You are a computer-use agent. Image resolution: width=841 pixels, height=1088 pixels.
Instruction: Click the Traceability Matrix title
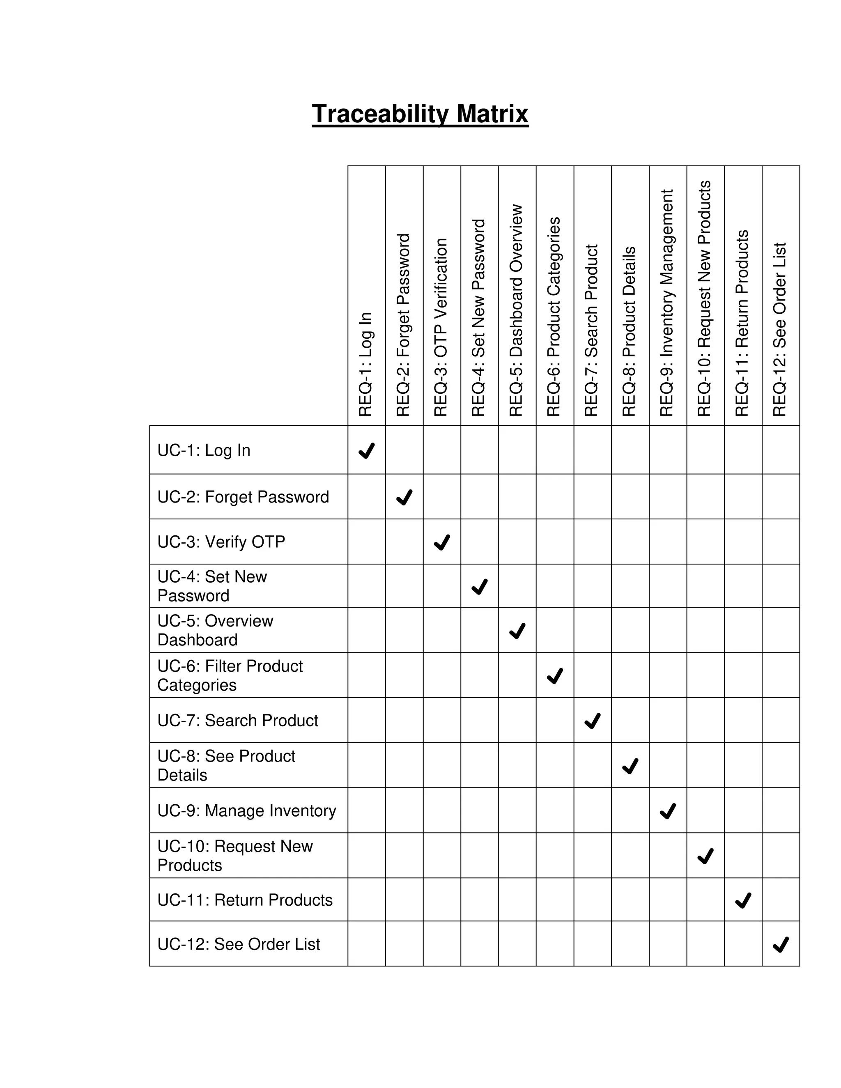coord(420,114)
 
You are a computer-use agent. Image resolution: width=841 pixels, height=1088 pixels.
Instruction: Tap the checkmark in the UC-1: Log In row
coord(367,450)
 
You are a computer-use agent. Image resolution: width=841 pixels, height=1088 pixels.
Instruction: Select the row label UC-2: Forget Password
coord(243,497)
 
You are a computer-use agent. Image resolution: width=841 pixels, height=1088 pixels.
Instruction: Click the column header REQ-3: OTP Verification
coord(441,327)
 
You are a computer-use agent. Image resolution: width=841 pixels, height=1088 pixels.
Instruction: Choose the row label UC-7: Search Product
coord(238,721)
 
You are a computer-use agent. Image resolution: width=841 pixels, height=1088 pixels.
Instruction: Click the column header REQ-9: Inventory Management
coord(666,303)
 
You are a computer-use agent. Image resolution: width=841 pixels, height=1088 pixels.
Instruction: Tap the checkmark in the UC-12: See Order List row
coord(781,945)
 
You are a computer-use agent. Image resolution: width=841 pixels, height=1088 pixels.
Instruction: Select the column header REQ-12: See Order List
coord(780,329)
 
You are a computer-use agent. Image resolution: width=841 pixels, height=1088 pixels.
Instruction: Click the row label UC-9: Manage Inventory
coord(247,810)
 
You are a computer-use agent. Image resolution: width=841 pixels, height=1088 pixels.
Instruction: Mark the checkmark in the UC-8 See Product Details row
coord(630,766)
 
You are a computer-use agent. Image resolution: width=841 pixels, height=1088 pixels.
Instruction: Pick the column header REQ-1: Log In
coord(366,364)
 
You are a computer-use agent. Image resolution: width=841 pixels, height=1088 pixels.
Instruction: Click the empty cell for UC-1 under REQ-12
coord(781,450)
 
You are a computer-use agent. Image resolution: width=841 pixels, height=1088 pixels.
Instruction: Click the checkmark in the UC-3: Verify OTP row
coord(442,542)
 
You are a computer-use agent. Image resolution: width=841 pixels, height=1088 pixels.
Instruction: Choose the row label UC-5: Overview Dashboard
coord(215,630)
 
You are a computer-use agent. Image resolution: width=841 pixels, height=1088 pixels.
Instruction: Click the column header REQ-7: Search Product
coord(591,330)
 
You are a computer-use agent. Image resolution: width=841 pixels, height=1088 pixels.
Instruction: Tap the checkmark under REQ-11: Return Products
coord(743,900)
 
